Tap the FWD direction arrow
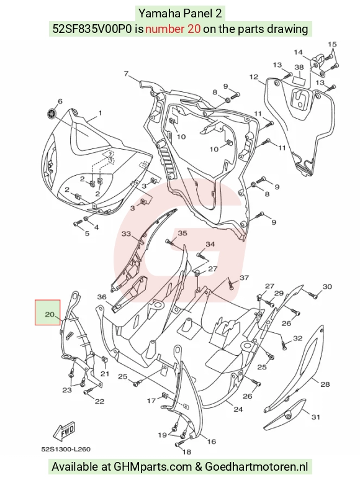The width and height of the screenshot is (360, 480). click(x=64, y=432)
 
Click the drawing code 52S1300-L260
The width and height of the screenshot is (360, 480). click(x=66, y=449)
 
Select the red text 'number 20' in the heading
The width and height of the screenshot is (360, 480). click(x=173, y=29)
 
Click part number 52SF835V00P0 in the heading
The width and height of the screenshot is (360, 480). click(x=93, y=29)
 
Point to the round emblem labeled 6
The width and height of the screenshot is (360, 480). click(x=52, y=114)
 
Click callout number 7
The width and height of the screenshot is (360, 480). click(x=126, y=74)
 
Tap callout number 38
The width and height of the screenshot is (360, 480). click(x=299, y=67)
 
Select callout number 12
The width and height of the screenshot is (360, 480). click(x=254, y=76)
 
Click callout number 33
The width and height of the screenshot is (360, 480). click(x=127, y=234)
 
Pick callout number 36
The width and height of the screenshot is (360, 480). click(x=102, y=297)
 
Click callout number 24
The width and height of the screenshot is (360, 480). click(x=238, y=409)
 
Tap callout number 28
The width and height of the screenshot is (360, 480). click(x=325, y=384)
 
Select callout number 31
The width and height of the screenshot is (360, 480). click(x=316, y=417)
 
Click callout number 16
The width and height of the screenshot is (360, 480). click(x=212, y=441)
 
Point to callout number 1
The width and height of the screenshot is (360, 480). click(x=101, y=113)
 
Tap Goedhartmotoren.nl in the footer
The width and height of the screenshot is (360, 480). click(x=256, y=466)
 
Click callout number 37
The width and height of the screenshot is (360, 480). click(x=244, y=278)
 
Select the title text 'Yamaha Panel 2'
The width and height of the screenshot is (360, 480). click(x=180, y=14)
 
